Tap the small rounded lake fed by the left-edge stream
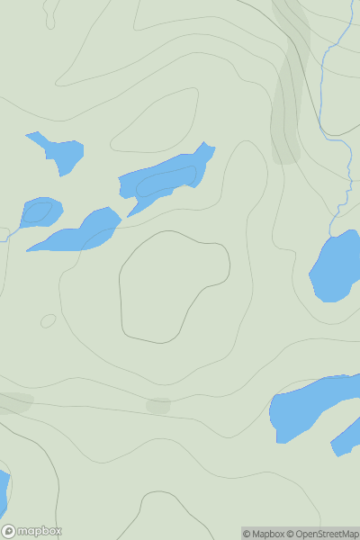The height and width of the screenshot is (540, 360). (41, 211)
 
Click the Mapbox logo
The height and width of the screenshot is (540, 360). (32, 531)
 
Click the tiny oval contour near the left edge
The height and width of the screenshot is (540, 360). (48, 320)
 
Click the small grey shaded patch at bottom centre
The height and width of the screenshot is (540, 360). (158, 406)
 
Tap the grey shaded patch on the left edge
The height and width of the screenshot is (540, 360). (13, 402)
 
